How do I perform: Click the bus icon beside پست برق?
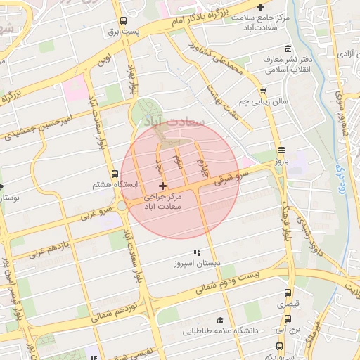(124, 20)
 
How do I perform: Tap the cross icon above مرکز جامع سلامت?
(261, 7)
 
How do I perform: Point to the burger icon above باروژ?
(281, 150)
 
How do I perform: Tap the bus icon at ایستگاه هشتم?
(115, 174)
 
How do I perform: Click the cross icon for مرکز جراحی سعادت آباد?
(163, 186)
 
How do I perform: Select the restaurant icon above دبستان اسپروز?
(197, 252)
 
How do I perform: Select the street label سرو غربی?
(96, 210)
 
